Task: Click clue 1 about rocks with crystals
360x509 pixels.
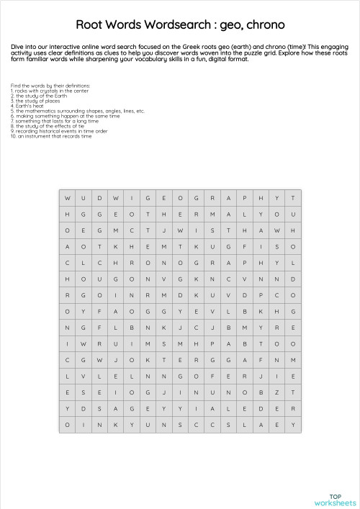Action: click(x=50, y=91)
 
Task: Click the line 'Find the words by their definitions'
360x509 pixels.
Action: click(x=50, y=86)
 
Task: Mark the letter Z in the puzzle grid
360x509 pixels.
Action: click(x=276, y=392)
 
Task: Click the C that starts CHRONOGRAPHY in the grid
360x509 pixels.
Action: click(x=67, y=262)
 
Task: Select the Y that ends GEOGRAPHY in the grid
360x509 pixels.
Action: click(x=276, y=198)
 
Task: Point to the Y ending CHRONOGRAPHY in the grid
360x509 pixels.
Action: click(x=276, y=262)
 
